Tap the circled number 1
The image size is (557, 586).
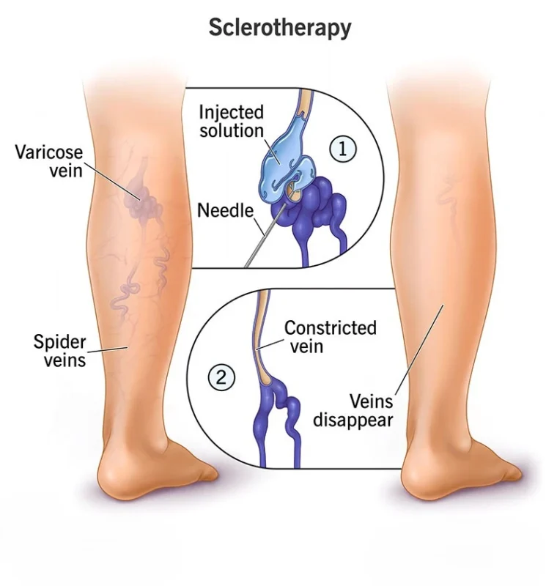click(x=342, y=149)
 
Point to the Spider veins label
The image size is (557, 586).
click(x=59, y=350)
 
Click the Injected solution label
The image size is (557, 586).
click(x=231, y=122)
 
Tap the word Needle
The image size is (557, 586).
click(x=225, y=211)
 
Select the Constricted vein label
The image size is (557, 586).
click(x=330, y=336)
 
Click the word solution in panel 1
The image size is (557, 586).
click(x=231, y=132)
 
